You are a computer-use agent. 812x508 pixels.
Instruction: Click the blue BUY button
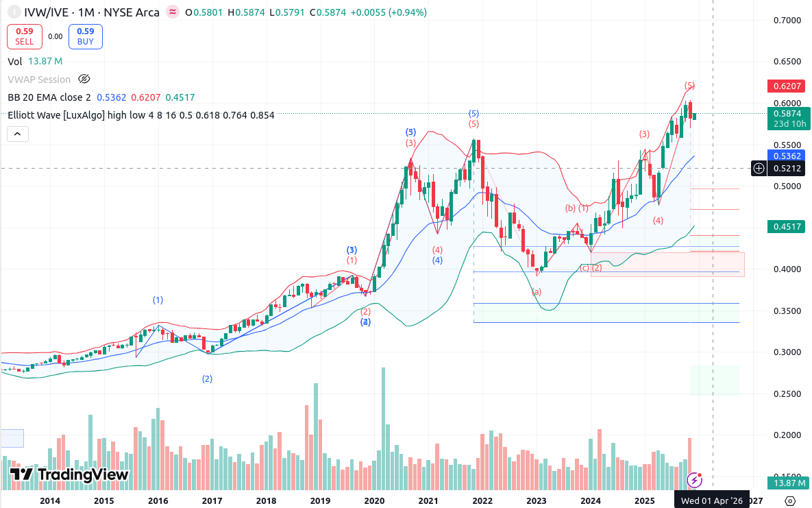[86, 36]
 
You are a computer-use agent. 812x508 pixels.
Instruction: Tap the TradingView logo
[69, 474]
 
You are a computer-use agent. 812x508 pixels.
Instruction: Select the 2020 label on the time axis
[374, 501]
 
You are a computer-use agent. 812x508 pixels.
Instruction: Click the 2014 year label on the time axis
[50, 501]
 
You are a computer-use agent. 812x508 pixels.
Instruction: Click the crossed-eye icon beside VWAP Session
[84, 79]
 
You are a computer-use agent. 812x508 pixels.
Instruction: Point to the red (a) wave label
[537, 291]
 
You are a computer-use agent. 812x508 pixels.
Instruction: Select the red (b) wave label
[570, 208]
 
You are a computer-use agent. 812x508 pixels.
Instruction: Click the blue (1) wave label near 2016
[158, 300]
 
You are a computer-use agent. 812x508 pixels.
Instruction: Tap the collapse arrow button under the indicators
[19, 134]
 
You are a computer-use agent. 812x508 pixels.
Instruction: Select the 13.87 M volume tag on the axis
[788, 483]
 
